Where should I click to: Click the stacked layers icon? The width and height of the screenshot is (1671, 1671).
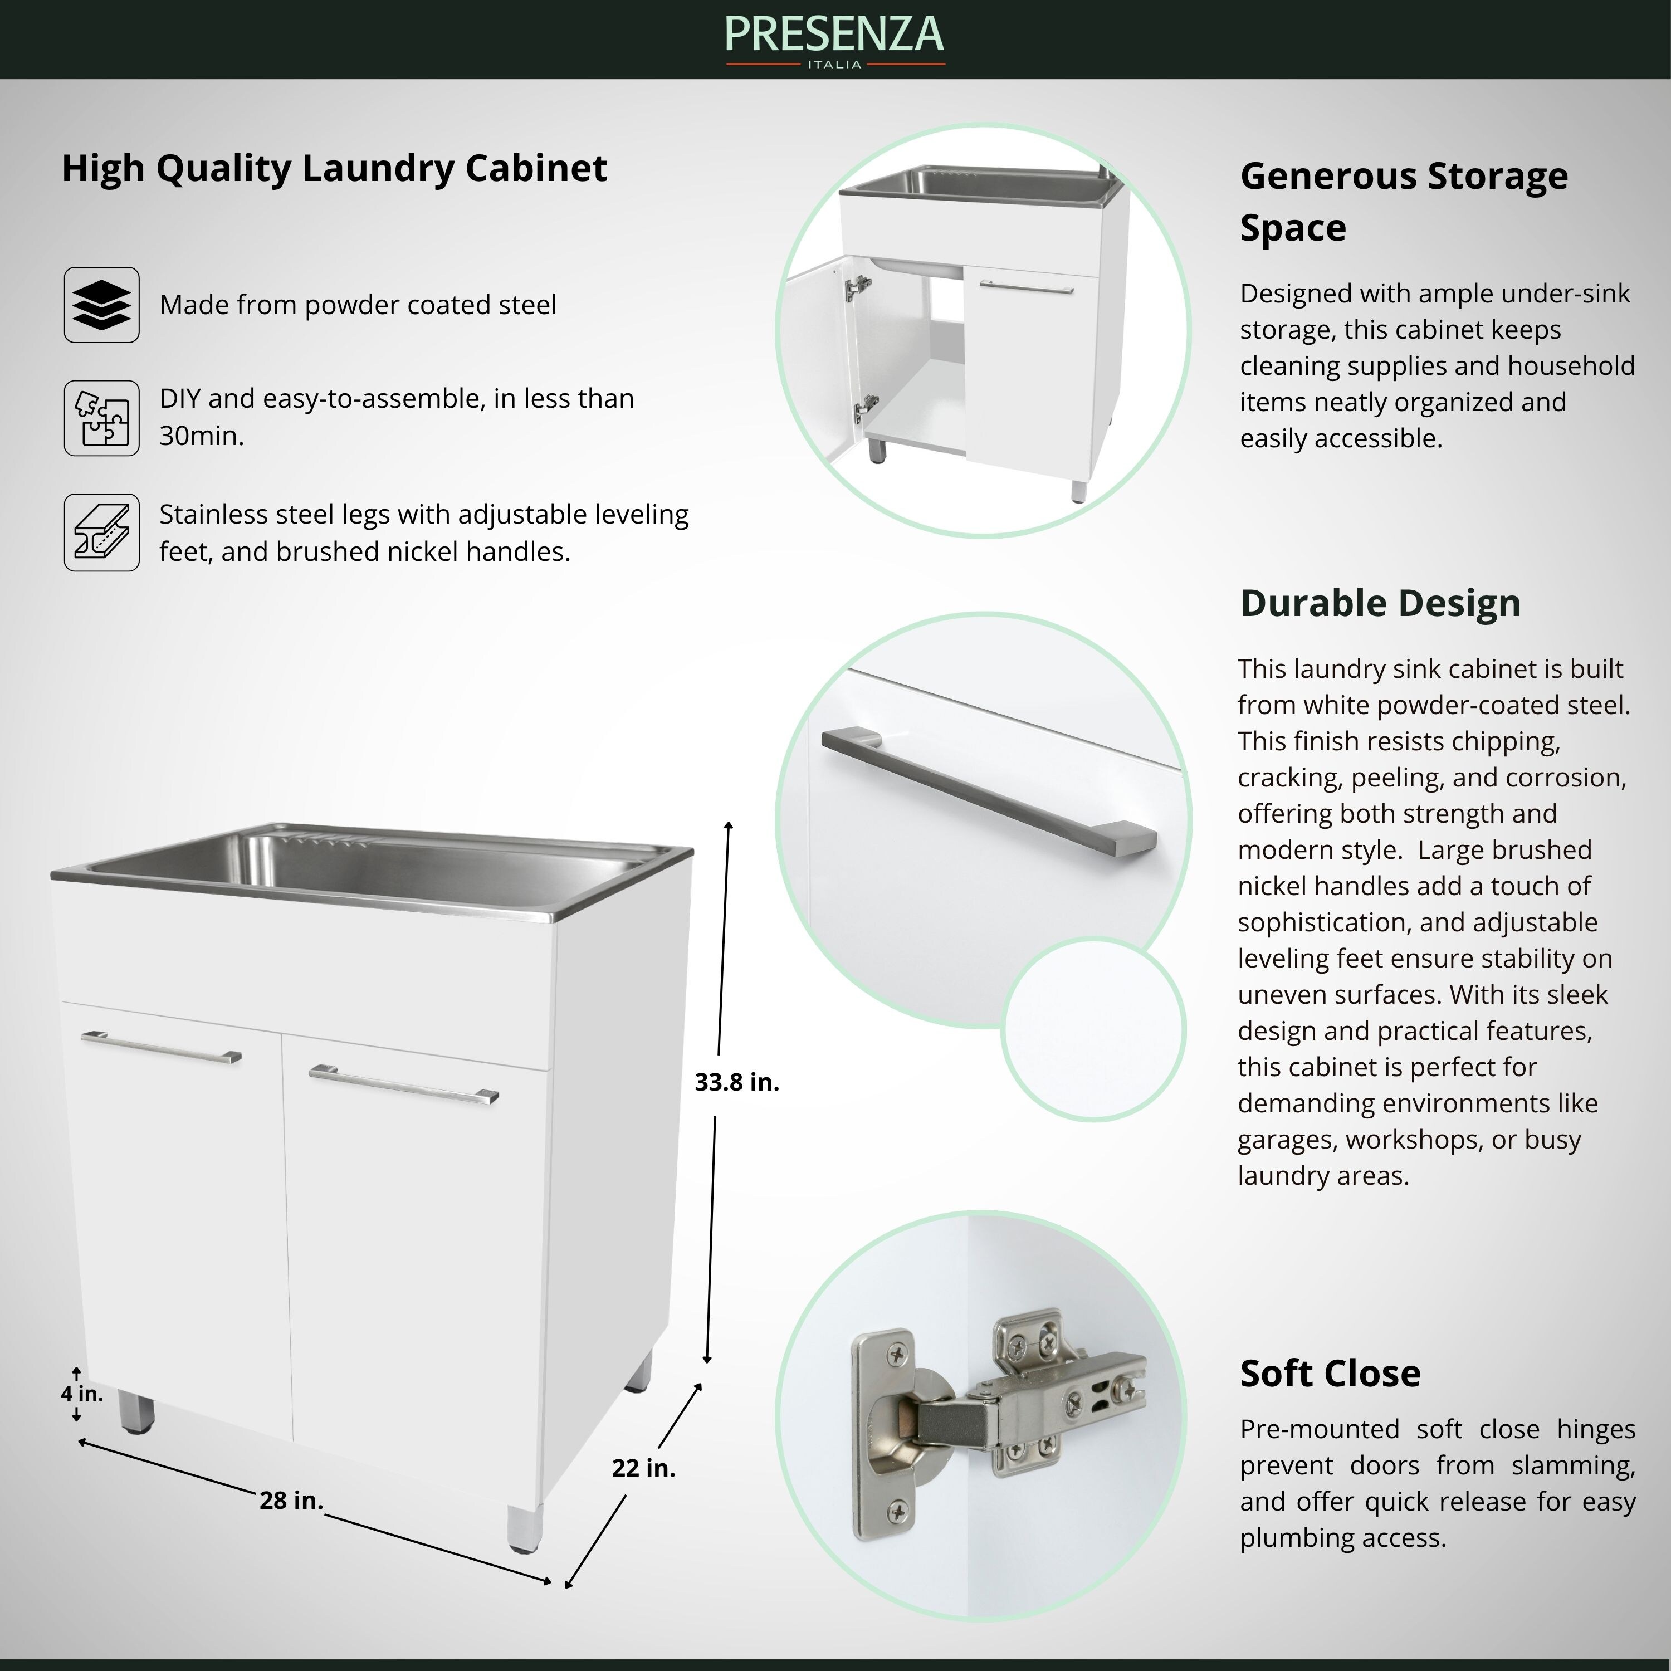coord(101,305)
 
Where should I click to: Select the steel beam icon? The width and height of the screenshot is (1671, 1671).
coord(101,532)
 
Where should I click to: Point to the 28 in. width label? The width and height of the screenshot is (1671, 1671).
coord(291,1501)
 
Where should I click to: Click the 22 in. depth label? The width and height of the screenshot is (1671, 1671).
coord(643,1468)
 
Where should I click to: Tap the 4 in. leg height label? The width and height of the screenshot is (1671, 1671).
coord(81,1394)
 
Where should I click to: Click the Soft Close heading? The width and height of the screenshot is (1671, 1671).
coord(1330,1372)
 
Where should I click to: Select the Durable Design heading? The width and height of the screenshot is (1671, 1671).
coord(1380,603)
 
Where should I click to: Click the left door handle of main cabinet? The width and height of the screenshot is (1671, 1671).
coord(161,1047)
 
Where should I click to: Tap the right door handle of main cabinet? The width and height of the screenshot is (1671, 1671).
coord(404,1084)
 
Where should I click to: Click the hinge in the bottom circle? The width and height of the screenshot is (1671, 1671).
coord(995,1419)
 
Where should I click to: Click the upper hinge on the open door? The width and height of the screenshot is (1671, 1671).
coord(858,286)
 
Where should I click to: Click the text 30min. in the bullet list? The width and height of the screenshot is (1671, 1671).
coord(201,436)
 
